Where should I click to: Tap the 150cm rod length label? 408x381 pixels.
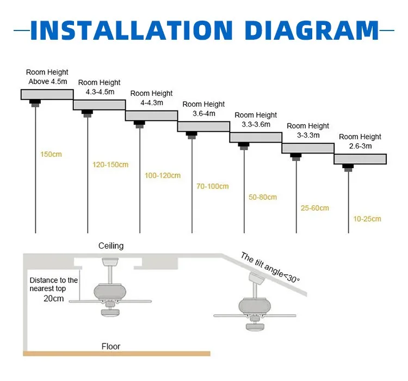click(x=51, y=154)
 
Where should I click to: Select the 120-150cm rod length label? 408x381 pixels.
click(x=110, y=164)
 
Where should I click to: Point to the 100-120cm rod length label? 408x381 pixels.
click(x=162, y=176)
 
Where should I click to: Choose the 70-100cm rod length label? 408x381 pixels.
click(x=212, y=187)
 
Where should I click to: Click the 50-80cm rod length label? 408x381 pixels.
click(x=263, y=197)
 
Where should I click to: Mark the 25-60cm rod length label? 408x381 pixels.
click(x=314, y=208)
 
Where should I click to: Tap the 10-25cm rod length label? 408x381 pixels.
click(x=367, y=219)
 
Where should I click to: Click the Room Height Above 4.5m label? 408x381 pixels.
click(x=47, y=77)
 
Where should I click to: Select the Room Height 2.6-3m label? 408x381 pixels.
click(x=360, y=142)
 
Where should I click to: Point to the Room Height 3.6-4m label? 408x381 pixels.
click(x=203, y=109)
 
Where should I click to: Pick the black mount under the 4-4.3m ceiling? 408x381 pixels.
click(x=139, y=122)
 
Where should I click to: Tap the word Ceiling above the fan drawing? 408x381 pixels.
click(x=110, y=246)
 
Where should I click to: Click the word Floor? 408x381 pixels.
click(x=111, y=346)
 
